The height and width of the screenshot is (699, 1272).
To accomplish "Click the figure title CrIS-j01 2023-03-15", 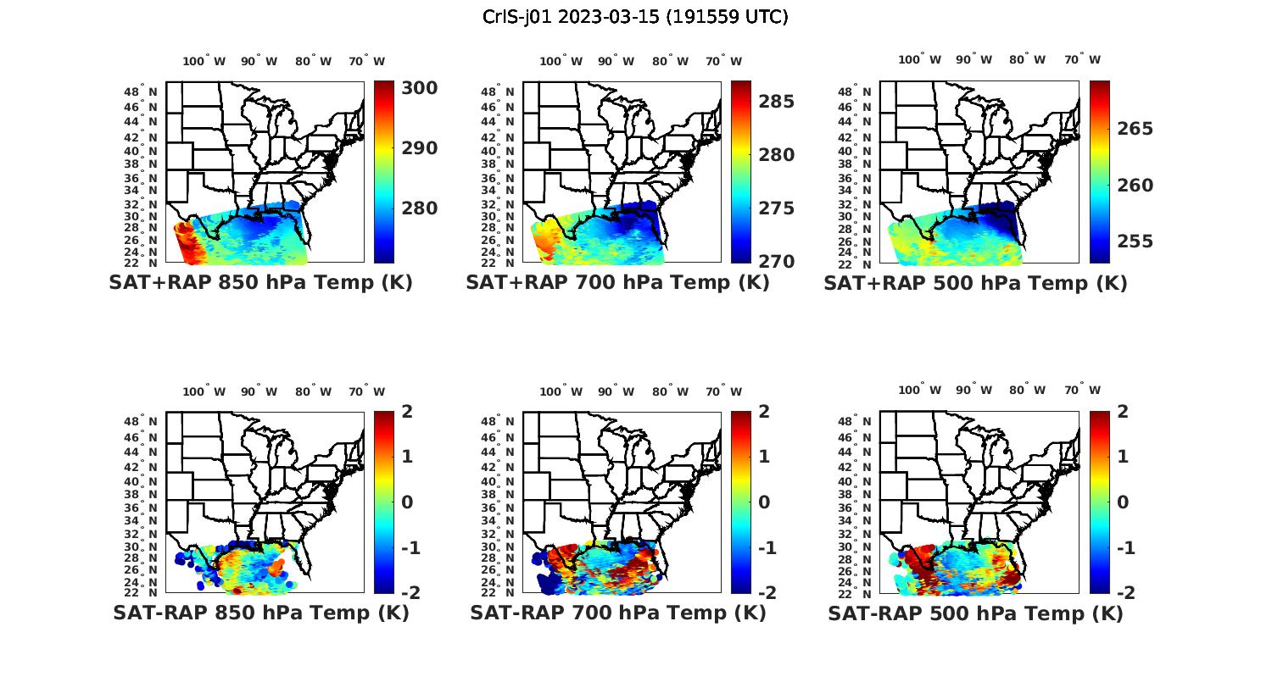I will (x=635, y=16).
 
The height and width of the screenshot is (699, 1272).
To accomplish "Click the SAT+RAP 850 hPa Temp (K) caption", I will (x=260, y=282).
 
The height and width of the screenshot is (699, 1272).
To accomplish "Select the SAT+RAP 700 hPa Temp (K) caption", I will (x=617, y=282).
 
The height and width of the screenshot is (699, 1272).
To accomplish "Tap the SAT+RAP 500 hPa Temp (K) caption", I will (x=975, y=282).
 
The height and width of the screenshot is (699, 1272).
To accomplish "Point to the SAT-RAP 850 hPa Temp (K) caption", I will (x=260, y=613).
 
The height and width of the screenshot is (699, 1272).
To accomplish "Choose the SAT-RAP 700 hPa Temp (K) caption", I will (x=617, y=613).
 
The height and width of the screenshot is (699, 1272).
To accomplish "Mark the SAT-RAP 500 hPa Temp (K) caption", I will (x=975, y=613).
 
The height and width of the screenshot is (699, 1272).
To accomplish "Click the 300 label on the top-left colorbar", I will (x=420, y=88).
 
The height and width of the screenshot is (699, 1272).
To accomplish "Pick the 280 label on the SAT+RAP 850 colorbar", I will (x=420, y=208).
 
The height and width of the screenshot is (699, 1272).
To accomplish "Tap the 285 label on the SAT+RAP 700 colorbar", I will (x=777, y=102).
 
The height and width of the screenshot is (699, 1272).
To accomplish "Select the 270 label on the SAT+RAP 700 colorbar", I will (x=777, y=261).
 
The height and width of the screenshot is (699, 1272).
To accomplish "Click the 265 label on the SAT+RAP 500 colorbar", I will (x=1135, y=129).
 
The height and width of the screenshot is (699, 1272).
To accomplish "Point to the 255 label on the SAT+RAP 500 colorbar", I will (x=1135, y=241).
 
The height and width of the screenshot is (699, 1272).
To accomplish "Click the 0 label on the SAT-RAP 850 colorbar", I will (x=407, y=502).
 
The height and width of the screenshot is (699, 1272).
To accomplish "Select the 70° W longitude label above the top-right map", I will (x=1082, y=59).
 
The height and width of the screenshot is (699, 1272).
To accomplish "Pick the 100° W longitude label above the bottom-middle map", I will (x=561, y=391).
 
